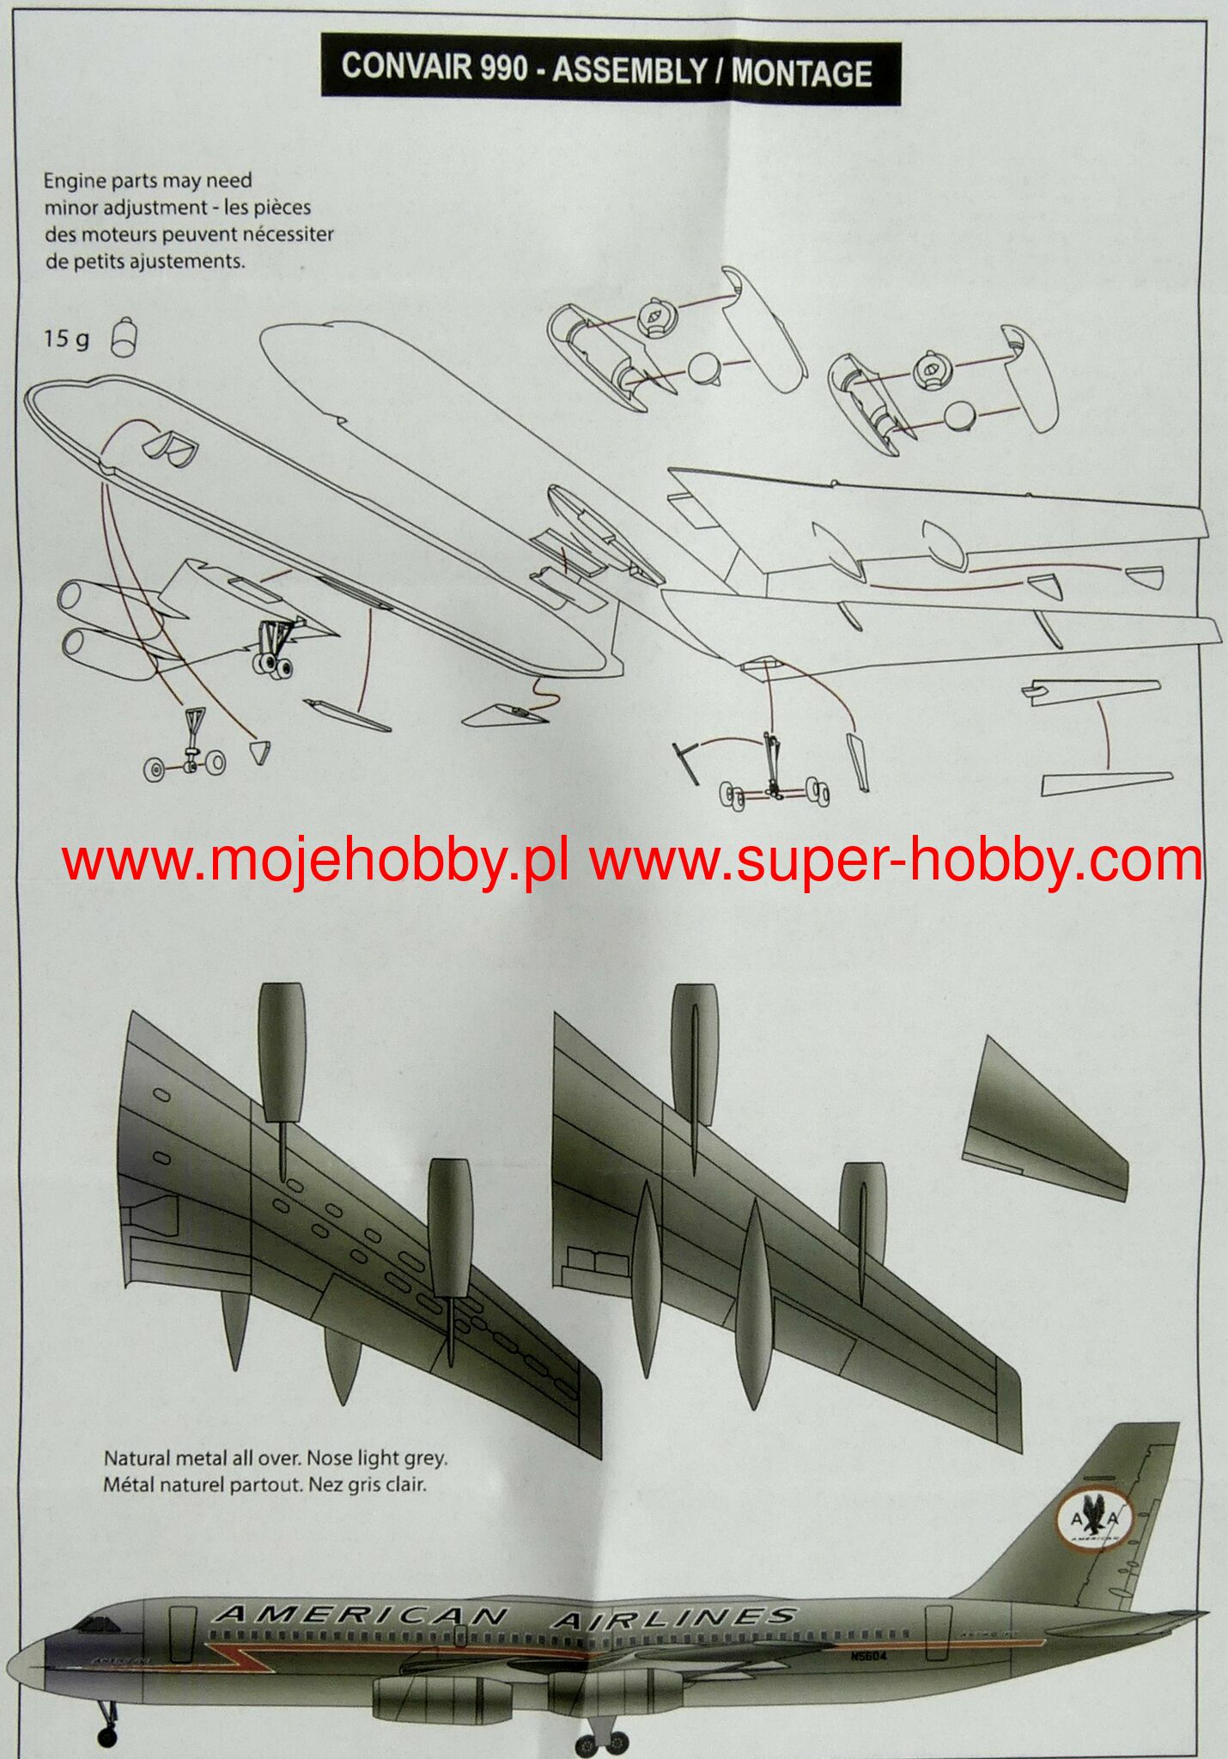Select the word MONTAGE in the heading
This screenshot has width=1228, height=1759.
point(801,73)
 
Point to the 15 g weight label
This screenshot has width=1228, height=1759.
point(66,339)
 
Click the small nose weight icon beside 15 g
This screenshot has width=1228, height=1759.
point(125,337)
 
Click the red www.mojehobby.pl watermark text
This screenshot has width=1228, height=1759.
point(314,861)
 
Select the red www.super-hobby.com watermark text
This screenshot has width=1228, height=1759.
point(896,861)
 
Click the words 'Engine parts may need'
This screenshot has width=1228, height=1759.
point(148,181)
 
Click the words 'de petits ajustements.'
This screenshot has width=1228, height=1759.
point(145,261)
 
